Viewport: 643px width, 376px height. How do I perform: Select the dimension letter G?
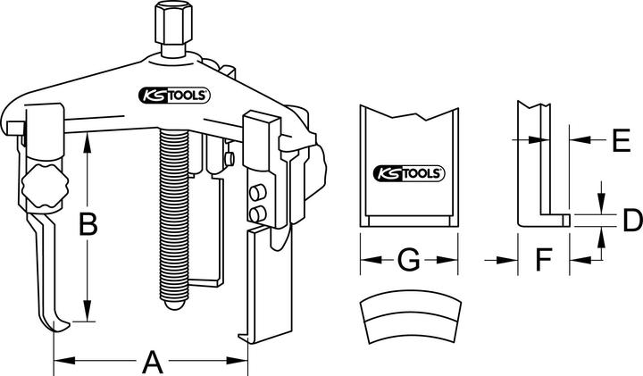pos(407,260)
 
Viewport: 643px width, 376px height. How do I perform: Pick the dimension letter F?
pos(543,260)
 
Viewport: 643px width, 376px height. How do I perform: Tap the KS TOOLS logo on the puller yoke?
pos(173,94)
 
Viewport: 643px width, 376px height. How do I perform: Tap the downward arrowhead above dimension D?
pos(600,206)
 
